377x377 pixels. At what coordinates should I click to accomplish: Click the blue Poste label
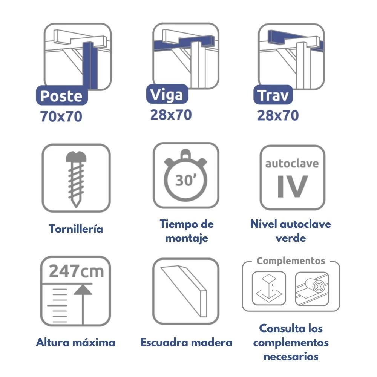click(62, 95)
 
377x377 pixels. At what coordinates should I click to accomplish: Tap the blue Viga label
click(167, 94)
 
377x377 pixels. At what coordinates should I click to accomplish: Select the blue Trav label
click(273, 95)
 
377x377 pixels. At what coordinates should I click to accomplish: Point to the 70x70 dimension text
click(61, 116)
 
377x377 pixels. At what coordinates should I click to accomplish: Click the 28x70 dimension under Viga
click(171, 115)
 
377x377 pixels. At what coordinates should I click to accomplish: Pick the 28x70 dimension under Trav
click(278, 115)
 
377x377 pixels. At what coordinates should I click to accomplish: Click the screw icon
click(76, 179)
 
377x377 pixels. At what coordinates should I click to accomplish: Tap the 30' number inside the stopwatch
click(185, 180)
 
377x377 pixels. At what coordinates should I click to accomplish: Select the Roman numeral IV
click(293, 186)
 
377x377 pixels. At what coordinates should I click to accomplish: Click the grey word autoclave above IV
click(292, 164)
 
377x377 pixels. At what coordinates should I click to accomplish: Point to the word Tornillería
click(76, 229)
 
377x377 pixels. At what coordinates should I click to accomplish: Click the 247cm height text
click(76, 271)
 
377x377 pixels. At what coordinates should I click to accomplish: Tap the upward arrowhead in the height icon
click(83, 290)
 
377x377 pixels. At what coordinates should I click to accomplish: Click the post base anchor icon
click(269, 288)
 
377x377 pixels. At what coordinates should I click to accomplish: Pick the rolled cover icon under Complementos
click(312, 289)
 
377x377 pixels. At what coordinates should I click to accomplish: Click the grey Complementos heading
click(291, 261)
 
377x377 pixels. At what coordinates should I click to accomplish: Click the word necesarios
click(291, 356)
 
